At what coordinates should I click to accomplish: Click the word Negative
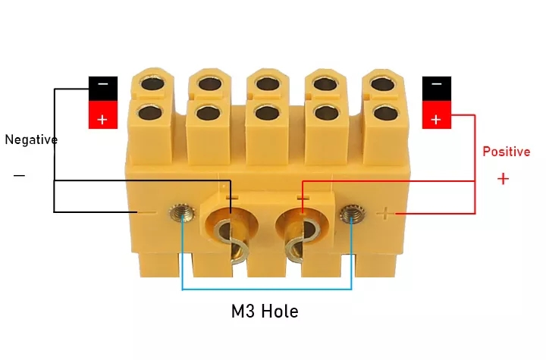click(x=31, y=139)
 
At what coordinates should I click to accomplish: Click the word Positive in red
click(x=506, y=152)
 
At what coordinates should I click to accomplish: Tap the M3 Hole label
click(x=265, y=311)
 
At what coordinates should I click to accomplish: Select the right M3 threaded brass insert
click(x=350, y=215)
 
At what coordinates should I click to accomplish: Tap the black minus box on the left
click(x=103, y=89)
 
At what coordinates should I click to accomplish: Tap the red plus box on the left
click(x=103, y=117)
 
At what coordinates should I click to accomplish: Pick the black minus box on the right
click(x=435, y=89)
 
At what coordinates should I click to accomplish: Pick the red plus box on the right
click(x=435, y=118)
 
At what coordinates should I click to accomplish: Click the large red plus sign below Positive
click(x=503, y=179)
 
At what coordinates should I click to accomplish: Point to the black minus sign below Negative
click(x=19, y=176)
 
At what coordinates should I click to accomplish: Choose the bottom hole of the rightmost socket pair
click(x=379, y=114)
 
